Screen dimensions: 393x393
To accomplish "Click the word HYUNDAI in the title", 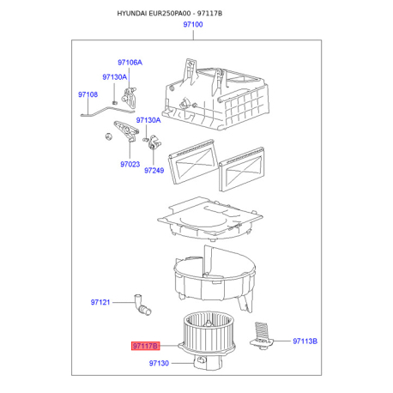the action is [x=132, y=14].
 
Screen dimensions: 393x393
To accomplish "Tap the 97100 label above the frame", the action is [x=193, y=25].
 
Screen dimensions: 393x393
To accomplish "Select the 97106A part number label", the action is [x=130, y=63].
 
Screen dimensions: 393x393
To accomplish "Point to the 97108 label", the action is [x=88, y=94].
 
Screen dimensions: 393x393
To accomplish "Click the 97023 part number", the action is [x=130, y=164].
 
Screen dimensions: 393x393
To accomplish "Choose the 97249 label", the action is [x=154, y=171].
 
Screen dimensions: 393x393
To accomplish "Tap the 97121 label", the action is [x=100, y=302].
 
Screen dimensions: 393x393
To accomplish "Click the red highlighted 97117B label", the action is [x=145, y=346].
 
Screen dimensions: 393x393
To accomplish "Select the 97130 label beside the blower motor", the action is [x=159, y=363].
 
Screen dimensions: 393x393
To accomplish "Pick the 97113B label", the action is [x=305, y=342].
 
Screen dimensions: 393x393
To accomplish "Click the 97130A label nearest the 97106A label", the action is [x=114, y=77].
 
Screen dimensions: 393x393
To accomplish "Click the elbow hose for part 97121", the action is [x=142, y=305].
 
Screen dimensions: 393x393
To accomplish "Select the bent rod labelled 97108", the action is [x=107, y=112].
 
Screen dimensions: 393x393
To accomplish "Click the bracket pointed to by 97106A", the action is [x=130, y=98].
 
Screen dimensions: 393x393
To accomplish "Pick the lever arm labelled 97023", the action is [x=126, y=131].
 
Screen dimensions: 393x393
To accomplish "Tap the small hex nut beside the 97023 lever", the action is [x=108, y=136].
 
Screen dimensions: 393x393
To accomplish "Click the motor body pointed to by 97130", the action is [x=207, y=362].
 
